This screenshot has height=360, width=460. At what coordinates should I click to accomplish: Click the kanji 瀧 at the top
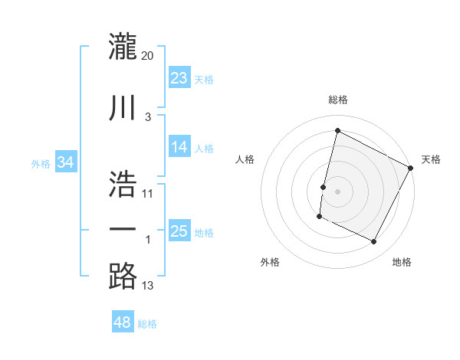(x=123, y=47)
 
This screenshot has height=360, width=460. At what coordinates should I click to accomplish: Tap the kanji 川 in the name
(x=123, y=107)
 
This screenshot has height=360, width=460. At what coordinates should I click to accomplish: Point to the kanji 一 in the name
(x=123, y=229)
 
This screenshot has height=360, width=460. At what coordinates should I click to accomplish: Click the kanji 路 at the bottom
(x=123, y=277)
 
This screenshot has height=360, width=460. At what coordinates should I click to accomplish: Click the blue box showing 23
(x=179, y=78)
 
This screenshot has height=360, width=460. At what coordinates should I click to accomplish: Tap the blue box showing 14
(x=179, y=148)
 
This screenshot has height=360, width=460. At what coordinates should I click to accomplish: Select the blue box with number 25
(x=179, y=232)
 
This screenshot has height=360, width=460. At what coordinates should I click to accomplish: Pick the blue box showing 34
(x=66, y=162)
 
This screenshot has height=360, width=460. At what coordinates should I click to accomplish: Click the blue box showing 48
(x=123, y=322)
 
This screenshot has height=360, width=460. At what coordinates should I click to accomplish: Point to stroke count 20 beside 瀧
(x=148, y=56)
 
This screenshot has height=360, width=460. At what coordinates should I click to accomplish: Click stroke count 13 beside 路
(x=148, y=286)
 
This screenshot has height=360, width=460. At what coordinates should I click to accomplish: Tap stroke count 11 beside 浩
(x=148, y=193)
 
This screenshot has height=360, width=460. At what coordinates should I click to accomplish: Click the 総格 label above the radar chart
(x=338, y=100)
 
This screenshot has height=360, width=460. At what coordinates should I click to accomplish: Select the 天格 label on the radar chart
(x=431, y=159)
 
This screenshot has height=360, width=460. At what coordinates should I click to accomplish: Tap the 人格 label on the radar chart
(x=245, y=159)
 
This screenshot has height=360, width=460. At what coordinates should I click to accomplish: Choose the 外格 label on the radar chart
(x=270, y=262)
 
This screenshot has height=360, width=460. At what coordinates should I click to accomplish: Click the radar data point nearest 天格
(x=411, y=169)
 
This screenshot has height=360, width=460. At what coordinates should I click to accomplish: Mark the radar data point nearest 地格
(x=374, y=242)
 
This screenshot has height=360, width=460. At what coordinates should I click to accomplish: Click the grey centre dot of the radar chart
(x=337, y=191)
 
